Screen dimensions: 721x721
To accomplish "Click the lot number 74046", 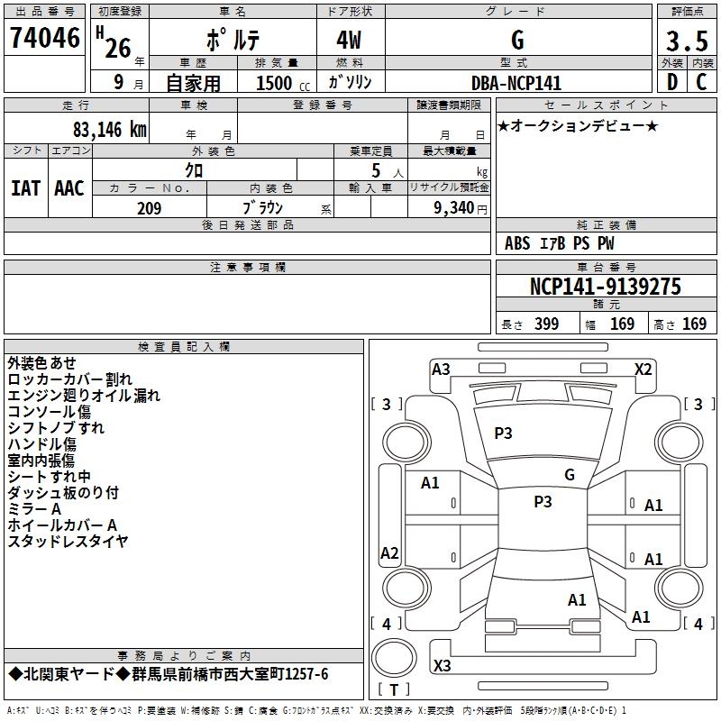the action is click(x=45, y=38).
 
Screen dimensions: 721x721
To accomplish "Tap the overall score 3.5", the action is click(x=687, y=41).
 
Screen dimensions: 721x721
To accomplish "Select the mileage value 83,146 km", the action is click(x=110, y=130).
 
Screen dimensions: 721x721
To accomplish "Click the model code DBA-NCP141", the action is click(x=516, y=83).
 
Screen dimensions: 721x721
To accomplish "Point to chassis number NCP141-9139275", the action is click(x=605, y=286).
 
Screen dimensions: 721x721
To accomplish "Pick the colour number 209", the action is click(x=149, y=208).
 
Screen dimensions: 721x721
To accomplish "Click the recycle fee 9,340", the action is click(x=454, y=208).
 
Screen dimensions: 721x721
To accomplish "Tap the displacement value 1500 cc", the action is click(x=283, y=83).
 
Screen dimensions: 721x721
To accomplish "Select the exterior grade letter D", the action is click(x=672, y=82).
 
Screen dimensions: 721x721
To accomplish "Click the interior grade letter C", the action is click(x=701, y=82).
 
